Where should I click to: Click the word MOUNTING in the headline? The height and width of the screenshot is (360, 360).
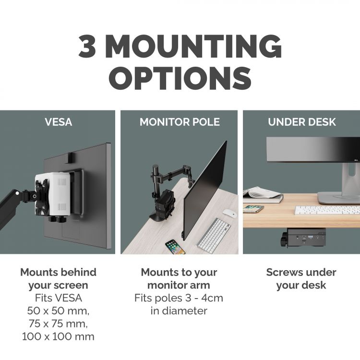(x=194, y=47)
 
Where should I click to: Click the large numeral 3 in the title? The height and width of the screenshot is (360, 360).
(x=87, y=47)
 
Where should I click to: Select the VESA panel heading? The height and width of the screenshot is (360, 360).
(x=58, y=122)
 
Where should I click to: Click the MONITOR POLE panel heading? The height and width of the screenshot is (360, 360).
(x=180, y=122)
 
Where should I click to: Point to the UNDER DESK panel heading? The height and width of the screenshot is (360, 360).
(x=302, y=122)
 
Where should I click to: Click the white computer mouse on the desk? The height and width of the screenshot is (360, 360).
(x=230, y=213)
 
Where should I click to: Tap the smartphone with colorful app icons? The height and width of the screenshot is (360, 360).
(x=175, y=247)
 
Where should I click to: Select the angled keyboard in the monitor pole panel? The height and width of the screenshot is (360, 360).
(x=214, y=234)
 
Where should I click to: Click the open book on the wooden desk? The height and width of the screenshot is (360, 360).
(x=263, y=195)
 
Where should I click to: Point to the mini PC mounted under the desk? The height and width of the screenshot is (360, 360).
(x=303, y=238)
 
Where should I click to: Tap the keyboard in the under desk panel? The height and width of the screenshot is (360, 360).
(x=327, y=210)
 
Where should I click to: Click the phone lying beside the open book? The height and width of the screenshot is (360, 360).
(x=253, y=209)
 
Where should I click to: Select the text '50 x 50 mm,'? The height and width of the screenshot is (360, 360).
(x=58, y=311)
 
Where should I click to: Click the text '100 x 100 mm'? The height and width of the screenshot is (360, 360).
(x=58, y=336)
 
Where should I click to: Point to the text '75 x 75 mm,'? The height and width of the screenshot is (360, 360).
(x=58, y=324)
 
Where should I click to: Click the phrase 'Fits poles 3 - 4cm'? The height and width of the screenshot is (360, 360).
(x=179, y=298)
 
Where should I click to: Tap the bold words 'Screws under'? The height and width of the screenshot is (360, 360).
(x=301, y=272)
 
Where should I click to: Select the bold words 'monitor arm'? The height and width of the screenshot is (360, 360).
(x=179, y=285)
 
